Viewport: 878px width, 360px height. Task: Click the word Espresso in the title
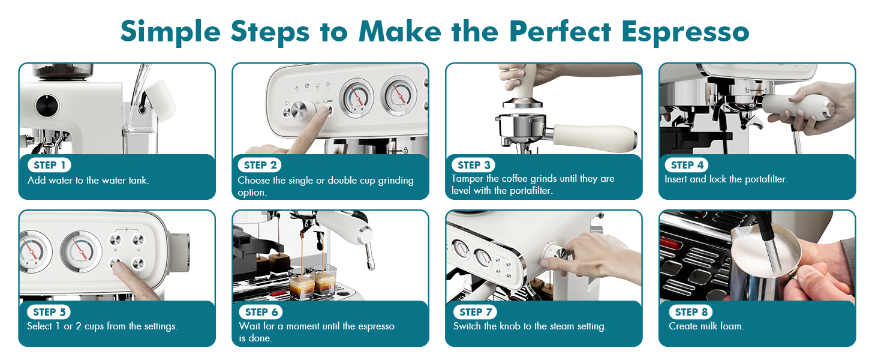pyautogui.click(x=685, y=32)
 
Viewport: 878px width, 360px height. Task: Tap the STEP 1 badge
pyautogui.click(x=49, y=165)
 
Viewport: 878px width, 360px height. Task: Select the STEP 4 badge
pyautogui.click(x=687, y=165)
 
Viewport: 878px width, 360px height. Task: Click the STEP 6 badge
pyautogui.click(x=261, y=312)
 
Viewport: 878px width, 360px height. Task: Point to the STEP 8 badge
pyautogui.click(x=691, y=312)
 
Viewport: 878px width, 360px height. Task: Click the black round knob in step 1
pyautogui.click(x=48, y=105)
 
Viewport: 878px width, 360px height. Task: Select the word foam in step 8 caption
pyautogui.click(x=732, y=326)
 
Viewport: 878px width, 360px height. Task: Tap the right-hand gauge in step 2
pyautogui.click(x=399, y=95)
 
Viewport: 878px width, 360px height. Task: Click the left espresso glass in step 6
pyautogui.click(x=302, y=284)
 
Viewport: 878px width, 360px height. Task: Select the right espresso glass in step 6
pyautogui.click(x=324, y=280)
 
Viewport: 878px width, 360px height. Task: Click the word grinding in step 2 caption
pyautogui.click(x=395, y=181)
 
